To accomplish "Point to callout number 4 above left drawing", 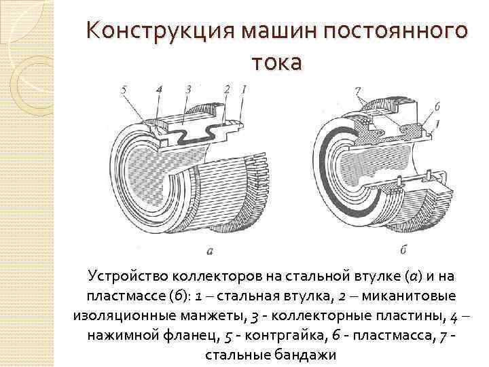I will [x=158, y=89].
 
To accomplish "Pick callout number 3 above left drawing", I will [x=187, y=89].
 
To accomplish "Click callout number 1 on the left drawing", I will [x=244, y=88].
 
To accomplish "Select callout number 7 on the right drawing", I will [x=357, y=90].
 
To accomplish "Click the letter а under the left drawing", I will [x=210, y=251].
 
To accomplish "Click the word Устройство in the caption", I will [x=126, y=277].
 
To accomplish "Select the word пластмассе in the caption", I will [x=123, y=297].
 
